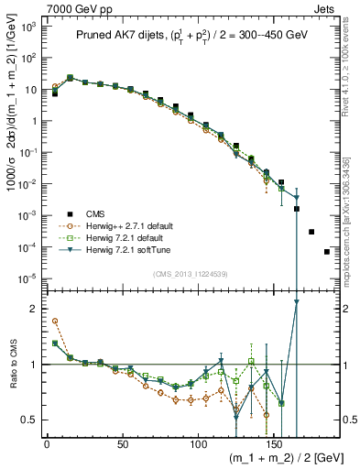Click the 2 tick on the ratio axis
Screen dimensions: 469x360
tap(33, 309)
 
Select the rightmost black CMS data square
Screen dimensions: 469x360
tap(327, 252)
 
